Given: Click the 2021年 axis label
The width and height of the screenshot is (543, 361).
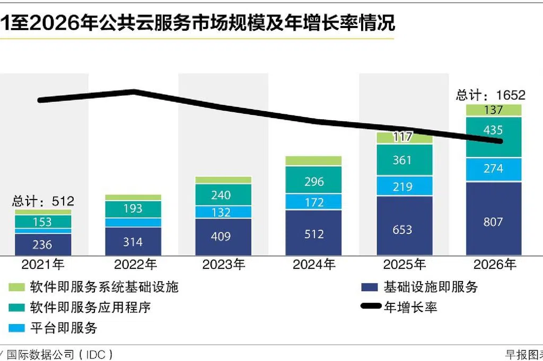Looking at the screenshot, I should click(x=43, y=264).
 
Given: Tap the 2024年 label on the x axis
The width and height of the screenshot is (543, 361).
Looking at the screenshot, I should click(x=313, y=264).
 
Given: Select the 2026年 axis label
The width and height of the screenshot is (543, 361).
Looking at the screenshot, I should click(x=494, y=264).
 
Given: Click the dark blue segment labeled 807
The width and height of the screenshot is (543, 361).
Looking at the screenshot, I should click(x=494, y=221).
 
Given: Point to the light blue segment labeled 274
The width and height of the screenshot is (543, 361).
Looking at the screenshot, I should click(x=494, y=169).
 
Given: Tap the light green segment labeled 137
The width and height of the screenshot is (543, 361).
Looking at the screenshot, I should click(x=494, y=110).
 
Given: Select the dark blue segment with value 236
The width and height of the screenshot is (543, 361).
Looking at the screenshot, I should click(x=43, y=245).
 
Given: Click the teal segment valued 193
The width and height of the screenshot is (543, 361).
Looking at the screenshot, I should click(x=133, y=209).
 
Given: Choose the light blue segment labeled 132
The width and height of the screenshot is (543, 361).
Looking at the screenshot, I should click(x=223, y=212).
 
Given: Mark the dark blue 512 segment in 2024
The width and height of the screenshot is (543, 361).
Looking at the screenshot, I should click(x=313, y=233).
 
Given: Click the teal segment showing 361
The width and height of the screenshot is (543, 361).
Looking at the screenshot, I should click(x=404, y=160).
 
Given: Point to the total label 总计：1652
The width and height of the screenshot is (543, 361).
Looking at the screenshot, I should click(x=491, y=95).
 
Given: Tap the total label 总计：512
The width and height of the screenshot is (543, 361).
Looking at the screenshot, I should click(x=43, y=201).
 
